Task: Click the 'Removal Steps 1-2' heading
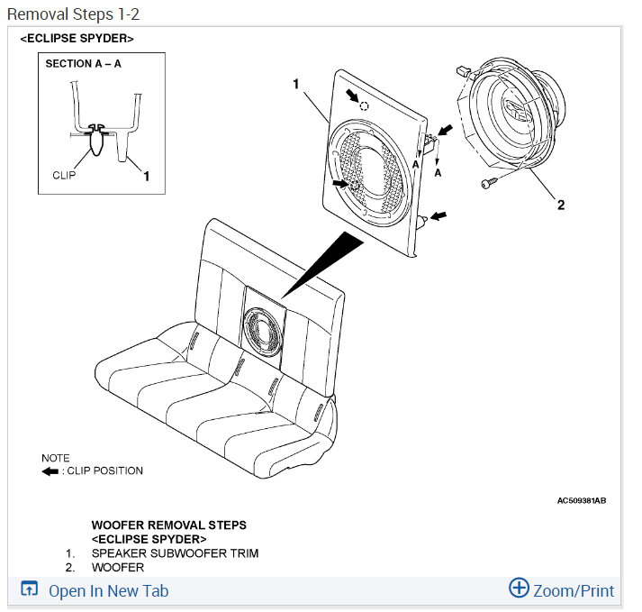click(74, 14)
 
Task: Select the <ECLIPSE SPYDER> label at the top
click(77, 40)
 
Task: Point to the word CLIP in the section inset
click(64, 175)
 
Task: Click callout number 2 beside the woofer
click(560, 205)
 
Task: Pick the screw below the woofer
click(486, 184)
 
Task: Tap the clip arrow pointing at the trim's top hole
click(353, 96)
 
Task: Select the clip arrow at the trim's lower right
click(439, 216)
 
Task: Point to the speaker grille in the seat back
click(265, 331)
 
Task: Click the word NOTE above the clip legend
click(56, 458)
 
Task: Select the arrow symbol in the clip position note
click(50, 470)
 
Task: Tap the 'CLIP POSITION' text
click(105, 470)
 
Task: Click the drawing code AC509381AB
click(581, 499)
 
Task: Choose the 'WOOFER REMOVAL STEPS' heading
click(168, 525)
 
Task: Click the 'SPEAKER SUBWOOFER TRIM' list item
click(175, 553)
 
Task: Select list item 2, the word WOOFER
click(118, 568)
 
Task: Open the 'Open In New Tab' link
click(108, 591)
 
